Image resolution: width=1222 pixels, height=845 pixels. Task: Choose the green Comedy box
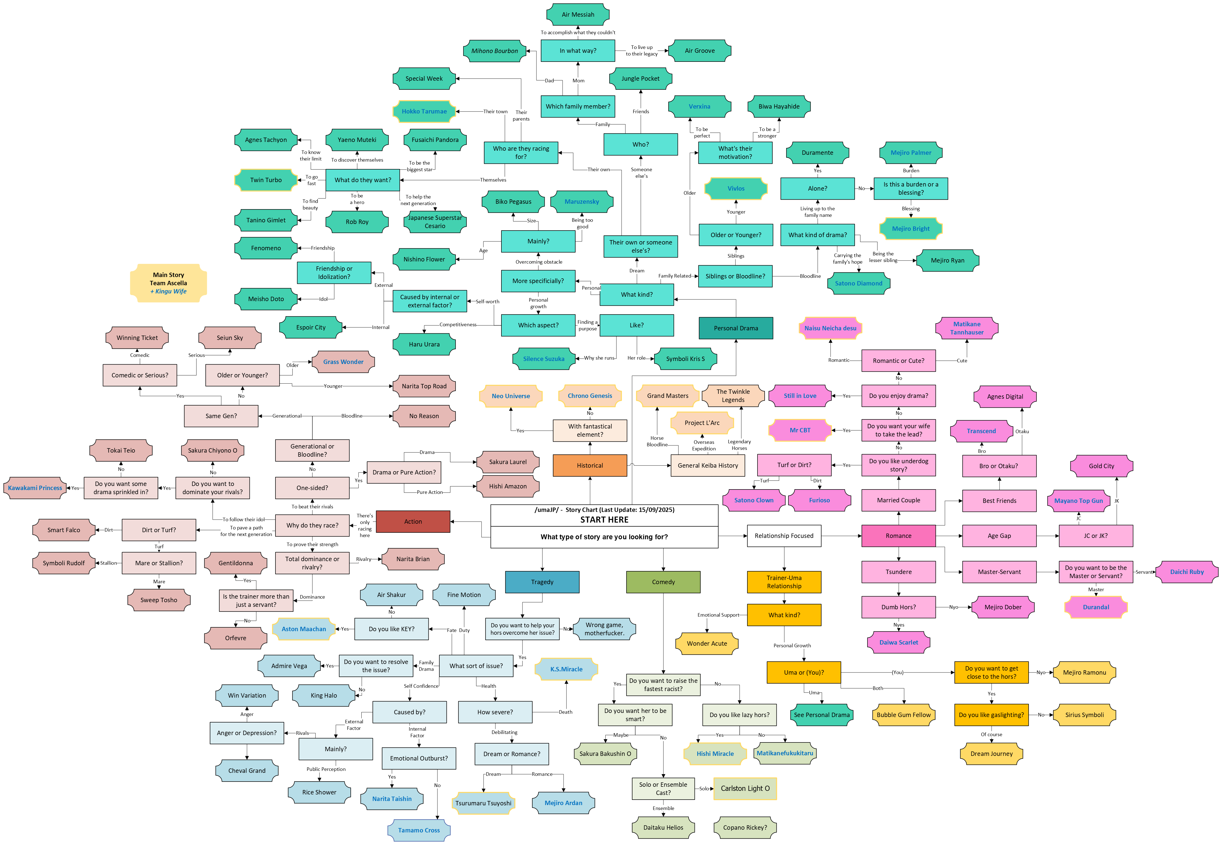[663, 582]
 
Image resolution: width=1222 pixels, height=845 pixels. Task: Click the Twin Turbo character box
[266, 180]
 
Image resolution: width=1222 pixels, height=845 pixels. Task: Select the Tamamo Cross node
[419, 830]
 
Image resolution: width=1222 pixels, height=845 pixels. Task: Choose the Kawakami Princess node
[35, 488]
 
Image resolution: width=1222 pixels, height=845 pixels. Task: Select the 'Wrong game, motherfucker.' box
[604, 629]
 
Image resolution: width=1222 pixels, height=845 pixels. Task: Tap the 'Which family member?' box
[578, 106]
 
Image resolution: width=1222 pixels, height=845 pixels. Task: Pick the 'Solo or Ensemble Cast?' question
[663, 788]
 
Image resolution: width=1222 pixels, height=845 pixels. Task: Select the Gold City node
[1101, 466]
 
